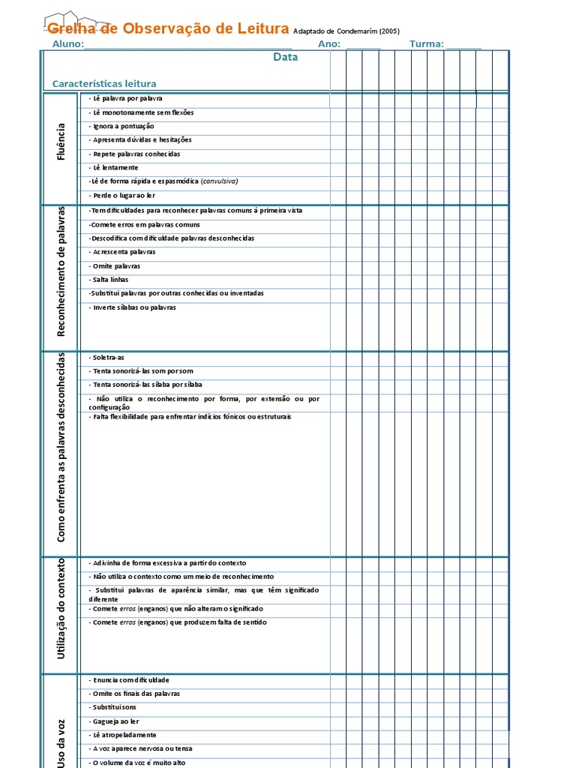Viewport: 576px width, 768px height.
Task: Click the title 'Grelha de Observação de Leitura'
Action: tap(167, 29)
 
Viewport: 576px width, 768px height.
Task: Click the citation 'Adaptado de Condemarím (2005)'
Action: tap(346, 31)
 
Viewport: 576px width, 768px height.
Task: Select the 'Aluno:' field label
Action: tap(68, 44)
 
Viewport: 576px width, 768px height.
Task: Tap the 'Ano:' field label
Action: tap(329, 44)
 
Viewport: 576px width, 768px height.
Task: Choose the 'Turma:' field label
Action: tap(427, 44)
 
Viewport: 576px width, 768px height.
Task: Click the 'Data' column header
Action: tap(285, 57)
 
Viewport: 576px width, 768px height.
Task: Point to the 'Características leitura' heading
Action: tap(104, 84)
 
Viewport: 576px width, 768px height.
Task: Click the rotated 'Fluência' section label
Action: tap(61, 142)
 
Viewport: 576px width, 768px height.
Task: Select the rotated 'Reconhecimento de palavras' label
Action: tap(61, 271)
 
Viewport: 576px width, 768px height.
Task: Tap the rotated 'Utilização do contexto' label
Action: tap(61, 608)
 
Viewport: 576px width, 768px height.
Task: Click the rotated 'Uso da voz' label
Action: tap(61, 742)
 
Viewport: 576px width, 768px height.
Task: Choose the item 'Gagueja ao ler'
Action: tap(114, 721)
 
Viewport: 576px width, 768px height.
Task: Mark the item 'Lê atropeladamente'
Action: tap(122, 735)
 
